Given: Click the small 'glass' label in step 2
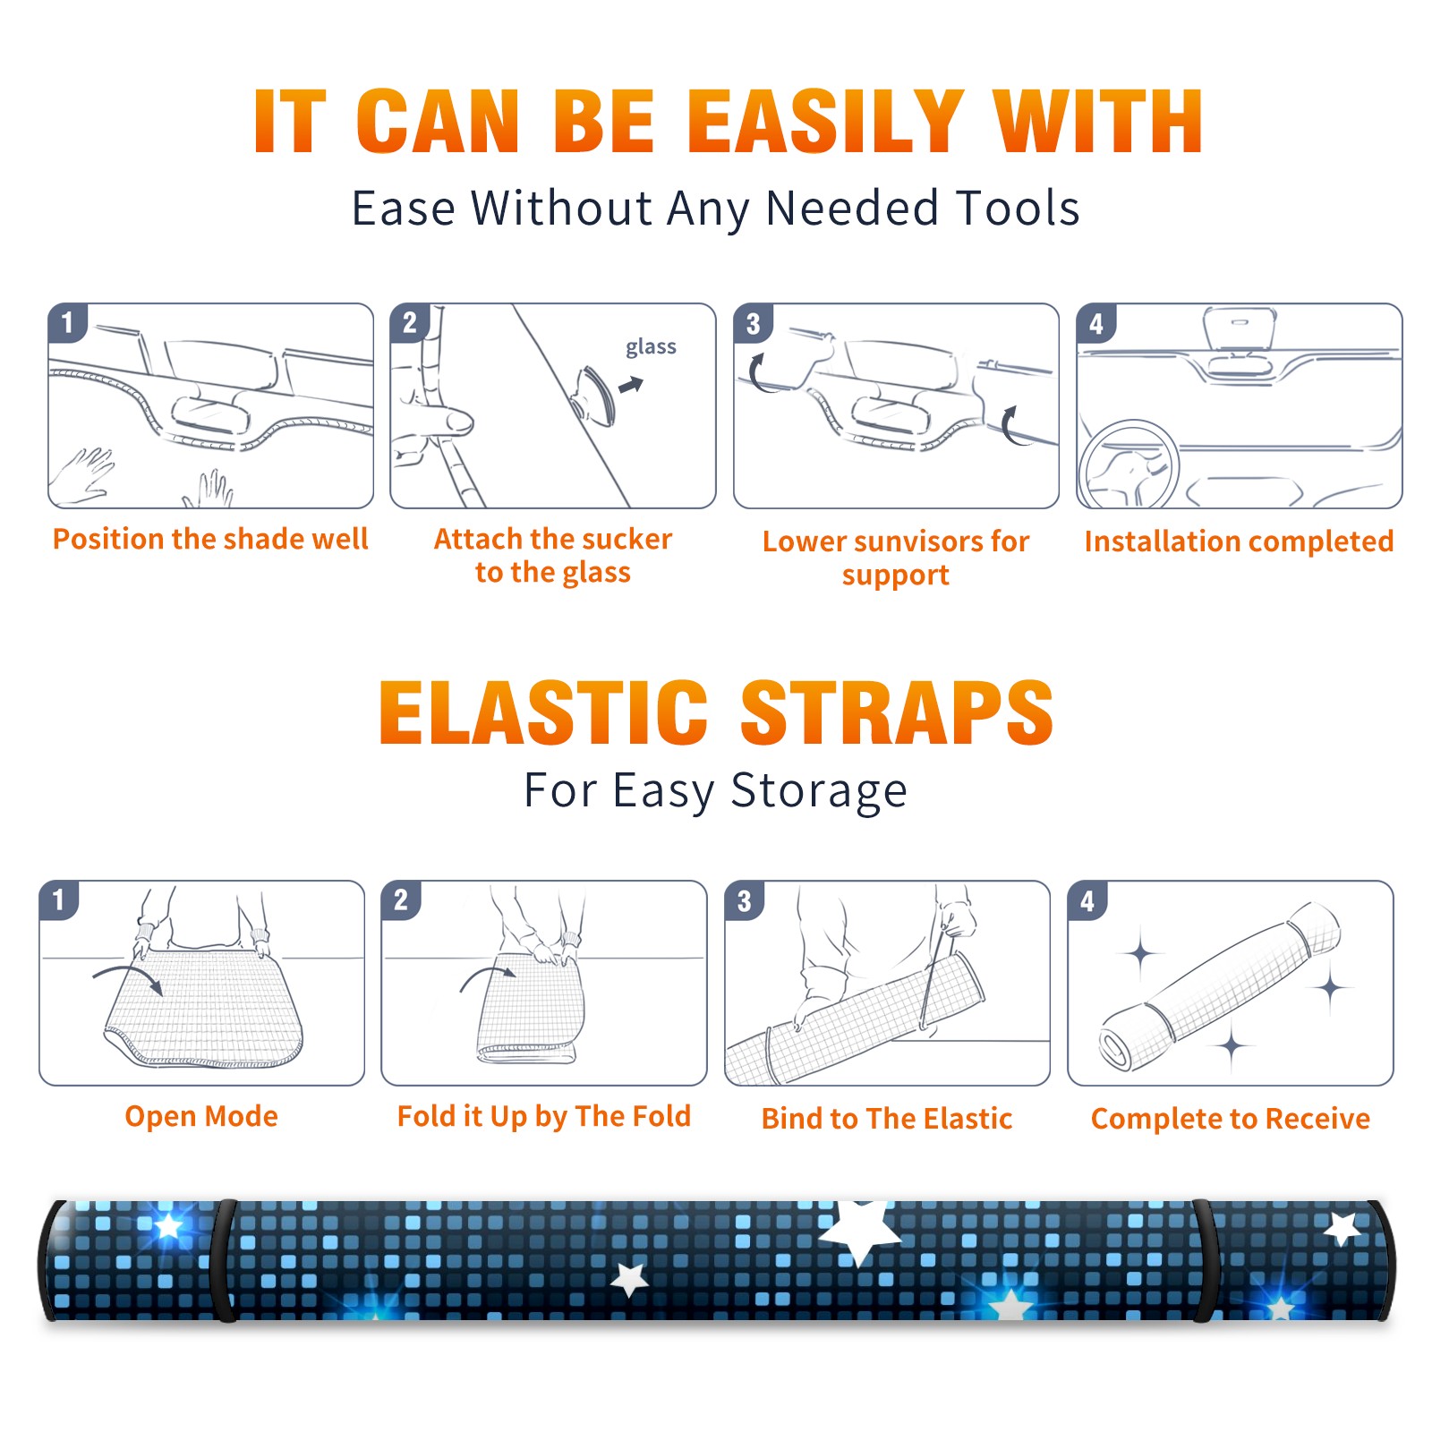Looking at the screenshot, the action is click(651, 347).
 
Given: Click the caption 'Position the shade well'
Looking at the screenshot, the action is click(210, 539).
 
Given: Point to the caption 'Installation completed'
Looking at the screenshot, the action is click(1239, 541).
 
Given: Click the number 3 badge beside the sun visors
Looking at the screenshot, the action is click(753, 323).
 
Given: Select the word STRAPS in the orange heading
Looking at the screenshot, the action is click(897, 712).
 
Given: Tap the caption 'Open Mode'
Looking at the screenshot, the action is click(201, 1116).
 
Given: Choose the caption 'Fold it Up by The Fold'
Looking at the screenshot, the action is click(544, 1116).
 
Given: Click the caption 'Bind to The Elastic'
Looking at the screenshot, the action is click(887, 1119).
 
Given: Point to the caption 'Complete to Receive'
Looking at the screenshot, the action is click(1231, 1119).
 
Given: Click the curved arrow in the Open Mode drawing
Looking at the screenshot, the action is click(127, 971).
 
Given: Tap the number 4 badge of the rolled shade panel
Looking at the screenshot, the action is click(1087, 900).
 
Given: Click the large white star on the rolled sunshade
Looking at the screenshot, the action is click(860, 1231).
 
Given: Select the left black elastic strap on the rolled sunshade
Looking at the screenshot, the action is click(223, 1260).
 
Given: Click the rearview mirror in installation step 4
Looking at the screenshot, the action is click(1240, 329).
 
